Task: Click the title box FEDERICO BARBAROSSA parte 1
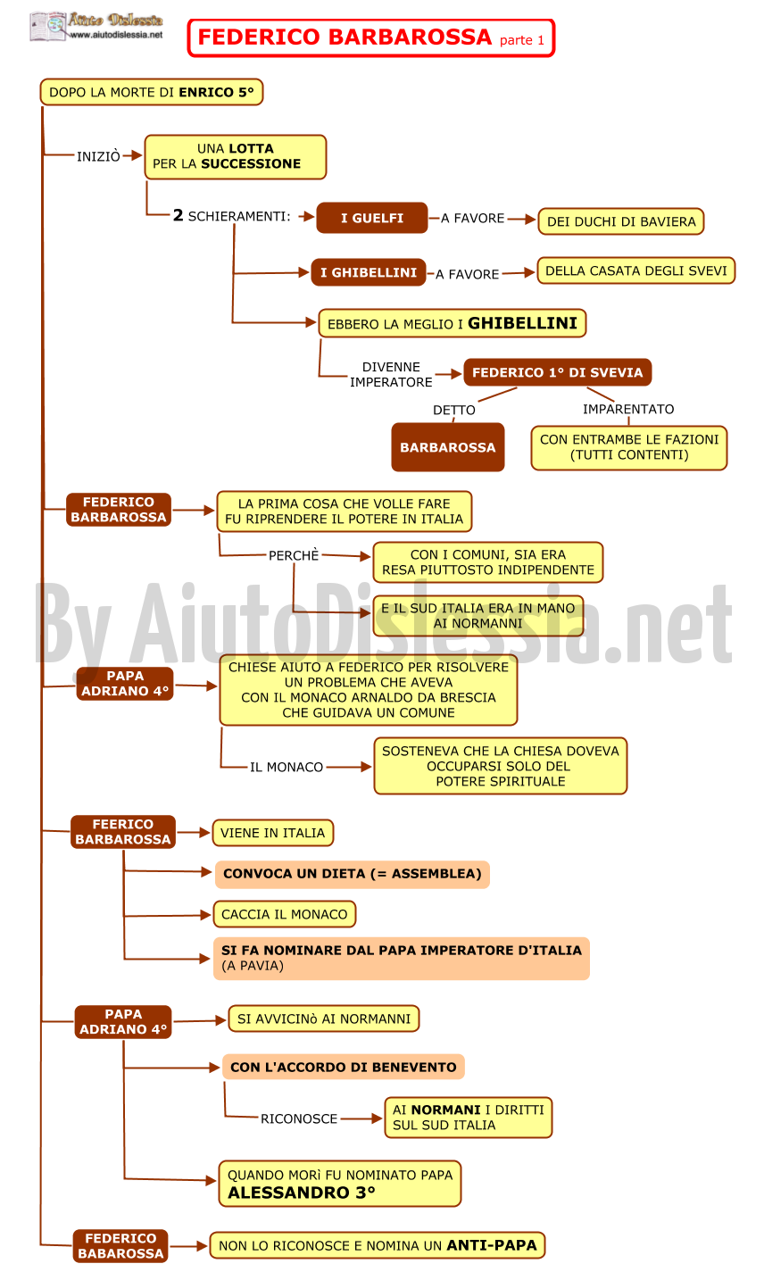point(370,38)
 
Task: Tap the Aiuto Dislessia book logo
point(47,26)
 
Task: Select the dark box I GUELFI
point(372,218)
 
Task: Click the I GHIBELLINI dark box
point(369,272)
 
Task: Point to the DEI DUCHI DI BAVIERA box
point(621,221)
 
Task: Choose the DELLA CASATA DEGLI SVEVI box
point(635,270)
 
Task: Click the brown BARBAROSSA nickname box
point(448,447)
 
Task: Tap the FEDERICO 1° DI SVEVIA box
point(558,372)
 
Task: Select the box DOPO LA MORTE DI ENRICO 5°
point(152,92)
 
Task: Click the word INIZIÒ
point(99,156)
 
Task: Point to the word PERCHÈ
point(294,555)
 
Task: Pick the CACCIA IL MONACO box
point(285,914)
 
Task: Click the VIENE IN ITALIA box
point(272,833)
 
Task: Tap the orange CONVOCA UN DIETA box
point(352,874)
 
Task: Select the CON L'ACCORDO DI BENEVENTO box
point(344,1067)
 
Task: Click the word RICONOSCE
point(299,1118)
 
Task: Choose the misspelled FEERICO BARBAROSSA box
point(122,832)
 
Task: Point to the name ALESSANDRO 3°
point(302,1193)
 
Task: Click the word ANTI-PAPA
point(492,1245)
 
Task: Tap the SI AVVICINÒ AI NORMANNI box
point(323,1018)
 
